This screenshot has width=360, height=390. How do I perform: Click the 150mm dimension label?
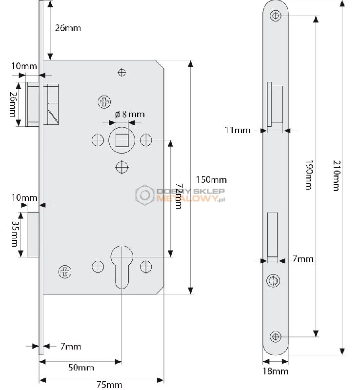point(211,179)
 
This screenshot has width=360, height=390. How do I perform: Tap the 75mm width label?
point(109,385)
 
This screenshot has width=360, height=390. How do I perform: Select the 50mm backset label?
point(81,368)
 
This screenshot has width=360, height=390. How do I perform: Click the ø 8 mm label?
point(130,115)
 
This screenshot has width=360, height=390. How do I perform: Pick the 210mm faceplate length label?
point(337,175)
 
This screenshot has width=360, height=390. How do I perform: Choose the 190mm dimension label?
point(309,175)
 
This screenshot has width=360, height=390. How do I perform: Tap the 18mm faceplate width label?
point(276,371)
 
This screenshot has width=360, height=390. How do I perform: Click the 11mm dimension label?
point(238,130)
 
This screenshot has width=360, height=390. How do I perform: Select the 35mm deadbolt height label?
point(15,234)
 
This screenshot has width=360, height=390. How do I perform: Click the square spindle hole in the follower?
point(121,140)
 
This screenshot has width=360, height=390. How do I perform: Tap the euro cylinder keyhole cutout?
point(122,267)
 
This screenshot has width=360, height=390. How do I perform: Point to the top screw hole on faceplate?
point(276,16)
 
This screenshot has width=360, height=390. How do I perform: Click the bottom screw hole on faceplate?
point(275,337)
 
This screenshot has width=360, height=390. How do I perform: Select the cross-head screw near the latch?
point(104,102)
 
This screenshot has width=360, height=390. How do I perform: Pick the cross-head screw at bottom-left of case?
point(65,272)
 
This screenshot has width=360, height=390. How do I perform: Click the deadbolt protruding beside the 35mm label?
point(33,234)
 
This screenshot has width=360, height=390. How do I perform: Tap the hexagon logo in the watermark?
point(145,195)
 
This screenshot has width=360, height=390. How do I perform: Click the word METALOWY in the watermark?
point(186,198)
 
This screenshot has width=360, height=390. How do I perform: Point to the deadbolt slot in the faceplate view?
point(272,234)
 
